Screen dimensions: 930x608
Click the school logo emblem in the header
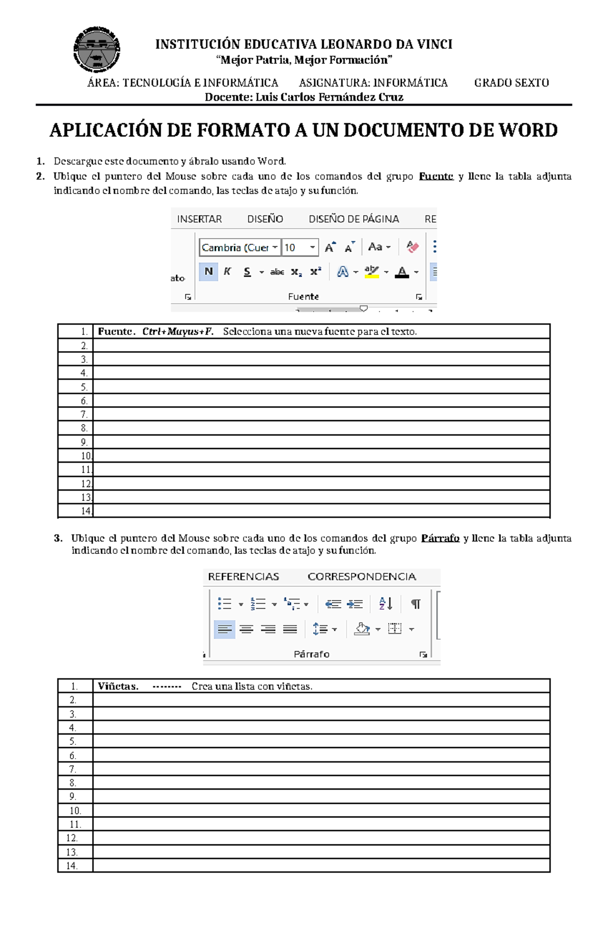coord(96,50)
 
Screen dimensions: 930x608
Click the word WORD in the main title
coord(528,130)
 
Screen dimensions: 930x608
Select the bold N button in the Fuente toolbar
coord(208,272)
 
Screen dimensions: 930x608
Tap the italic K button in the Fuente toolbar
coord(227,272)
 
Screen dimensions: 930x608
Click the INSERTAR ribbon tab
coord(199,219)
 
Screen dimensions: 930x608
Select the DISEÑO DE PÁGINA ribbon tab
coord(354,219)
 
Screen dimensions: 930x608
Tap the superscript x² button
coord(316,272)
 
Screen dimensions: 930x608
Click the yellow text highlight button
coord(372,272)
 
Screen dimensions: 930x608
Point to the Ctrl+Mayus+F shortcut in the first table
coord(177,331)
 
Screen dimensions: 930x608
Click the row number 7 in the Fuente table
coord(84,415)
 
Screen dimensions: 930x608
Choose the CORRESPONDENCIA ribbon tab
coord(362,577)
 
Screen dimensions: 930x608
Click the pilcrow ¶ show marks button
coord(415,604)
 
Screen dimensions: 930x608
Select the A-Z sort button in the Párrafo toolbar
coord(386,604)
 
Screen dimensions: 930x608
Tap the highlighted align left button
coord(224,629)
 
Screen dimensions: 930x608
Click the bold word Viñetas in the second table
coord(118,686)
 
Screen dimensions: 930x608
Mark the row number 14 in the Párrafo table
coord(72,866)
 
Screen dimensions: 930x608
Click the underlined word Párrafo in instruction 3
coord(440,538)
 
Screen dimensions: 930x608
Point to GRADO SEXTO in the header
coord(511,83)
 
